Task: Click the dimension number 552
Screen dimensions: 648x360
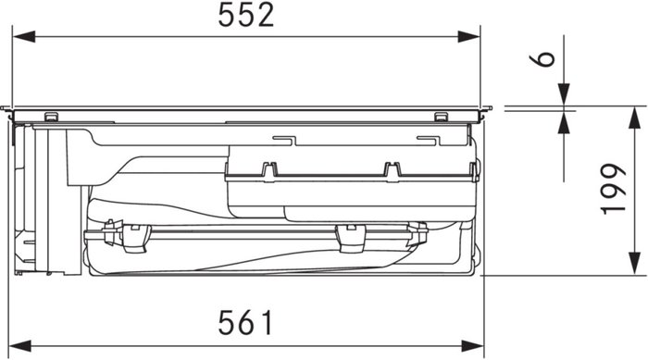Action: (x=246, y=15)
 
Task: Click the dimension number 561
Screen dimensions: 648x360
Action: (x=246, y=322)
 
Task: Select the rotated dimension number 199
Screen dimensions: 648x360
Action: (x=613, y=189)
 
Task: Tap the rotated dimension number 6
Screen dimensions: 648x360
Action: (x=542, y=58)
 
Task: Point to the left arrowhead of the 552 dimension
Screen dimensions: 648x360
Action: (x=24, y=36)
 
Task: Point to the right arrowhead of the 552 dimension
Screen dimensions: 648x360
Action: (x=468, y=36)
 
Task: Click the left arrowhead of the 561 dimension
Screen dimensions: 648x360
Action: (x=19, y=346)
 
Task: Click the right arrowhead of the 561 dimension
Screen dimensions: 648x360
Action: (x=473, y=346)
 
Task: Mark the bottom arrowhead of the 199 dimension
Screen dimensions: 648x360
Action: (x=634, y=263)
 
